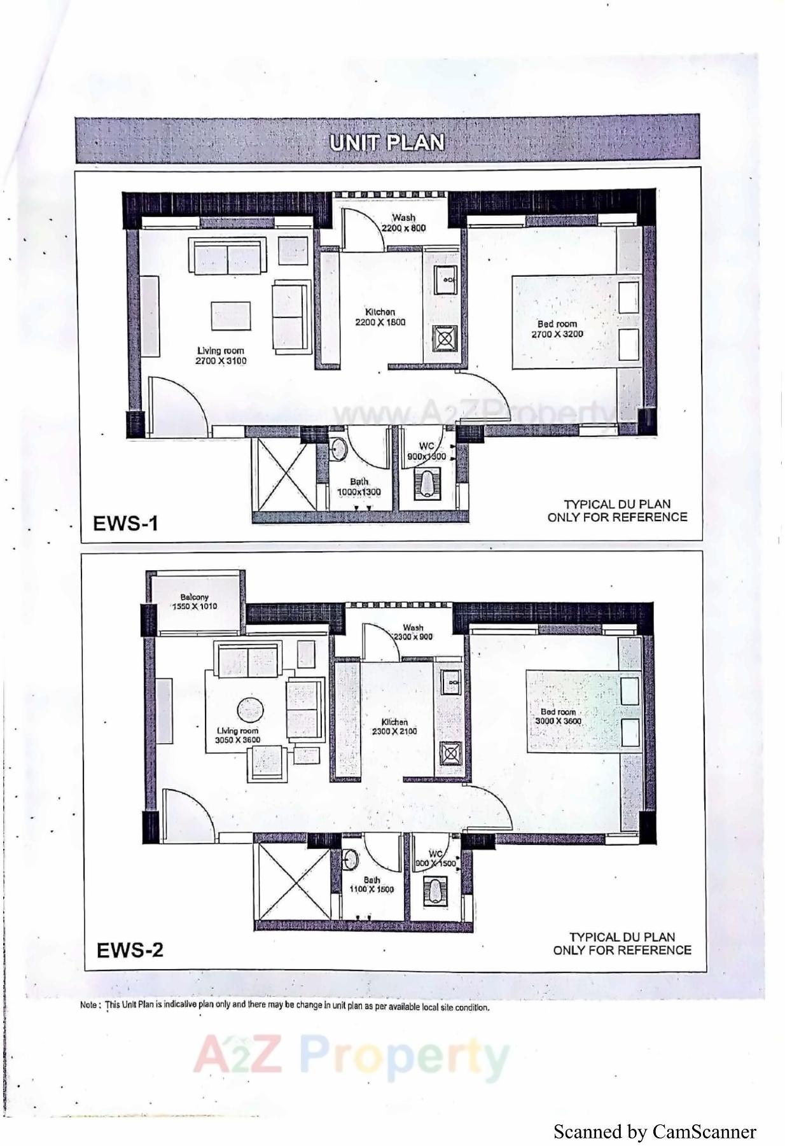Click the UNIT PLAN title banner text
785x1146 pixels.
click(x=387, y=142)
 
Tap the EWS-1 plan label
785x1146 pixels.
click(x=125, y=524)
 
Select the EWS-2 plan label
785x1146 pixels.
click(x=130, y=949)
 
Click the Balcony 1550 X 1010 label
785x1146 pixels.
click(x=194, y=602)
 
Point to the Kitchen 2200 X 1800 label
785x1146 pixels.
click(x=380, y=317)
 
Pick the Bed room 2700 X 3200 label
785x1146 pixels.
click(x=557, y=329)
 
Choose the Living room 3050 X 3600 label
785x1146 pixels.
click(x=237, y=736)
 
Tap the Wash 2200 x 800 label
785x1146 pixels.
click(x=403, y=223)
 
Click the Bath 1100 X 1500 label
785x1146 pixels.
click(x=372, y=884)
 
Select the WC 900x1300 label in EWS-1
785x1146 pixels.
click(x=426, y=451)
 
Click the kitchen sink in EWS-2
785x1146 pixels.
click(x=450, y=683)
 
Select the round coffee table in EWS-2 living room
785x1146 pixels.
click(x=250, y=711)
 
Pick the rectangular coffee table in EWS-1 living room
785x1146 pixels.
click(x=231, y=316)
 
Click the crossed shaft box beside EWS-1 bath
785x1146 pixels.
click(x=283, y=473)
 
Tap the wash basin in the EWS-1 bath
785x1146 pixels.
click(x=338, y=449)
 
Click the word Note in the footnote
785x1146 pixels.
click(x=88, y=1005)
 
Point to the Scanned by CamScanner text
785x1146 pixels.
click(x=655, y=1131)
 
